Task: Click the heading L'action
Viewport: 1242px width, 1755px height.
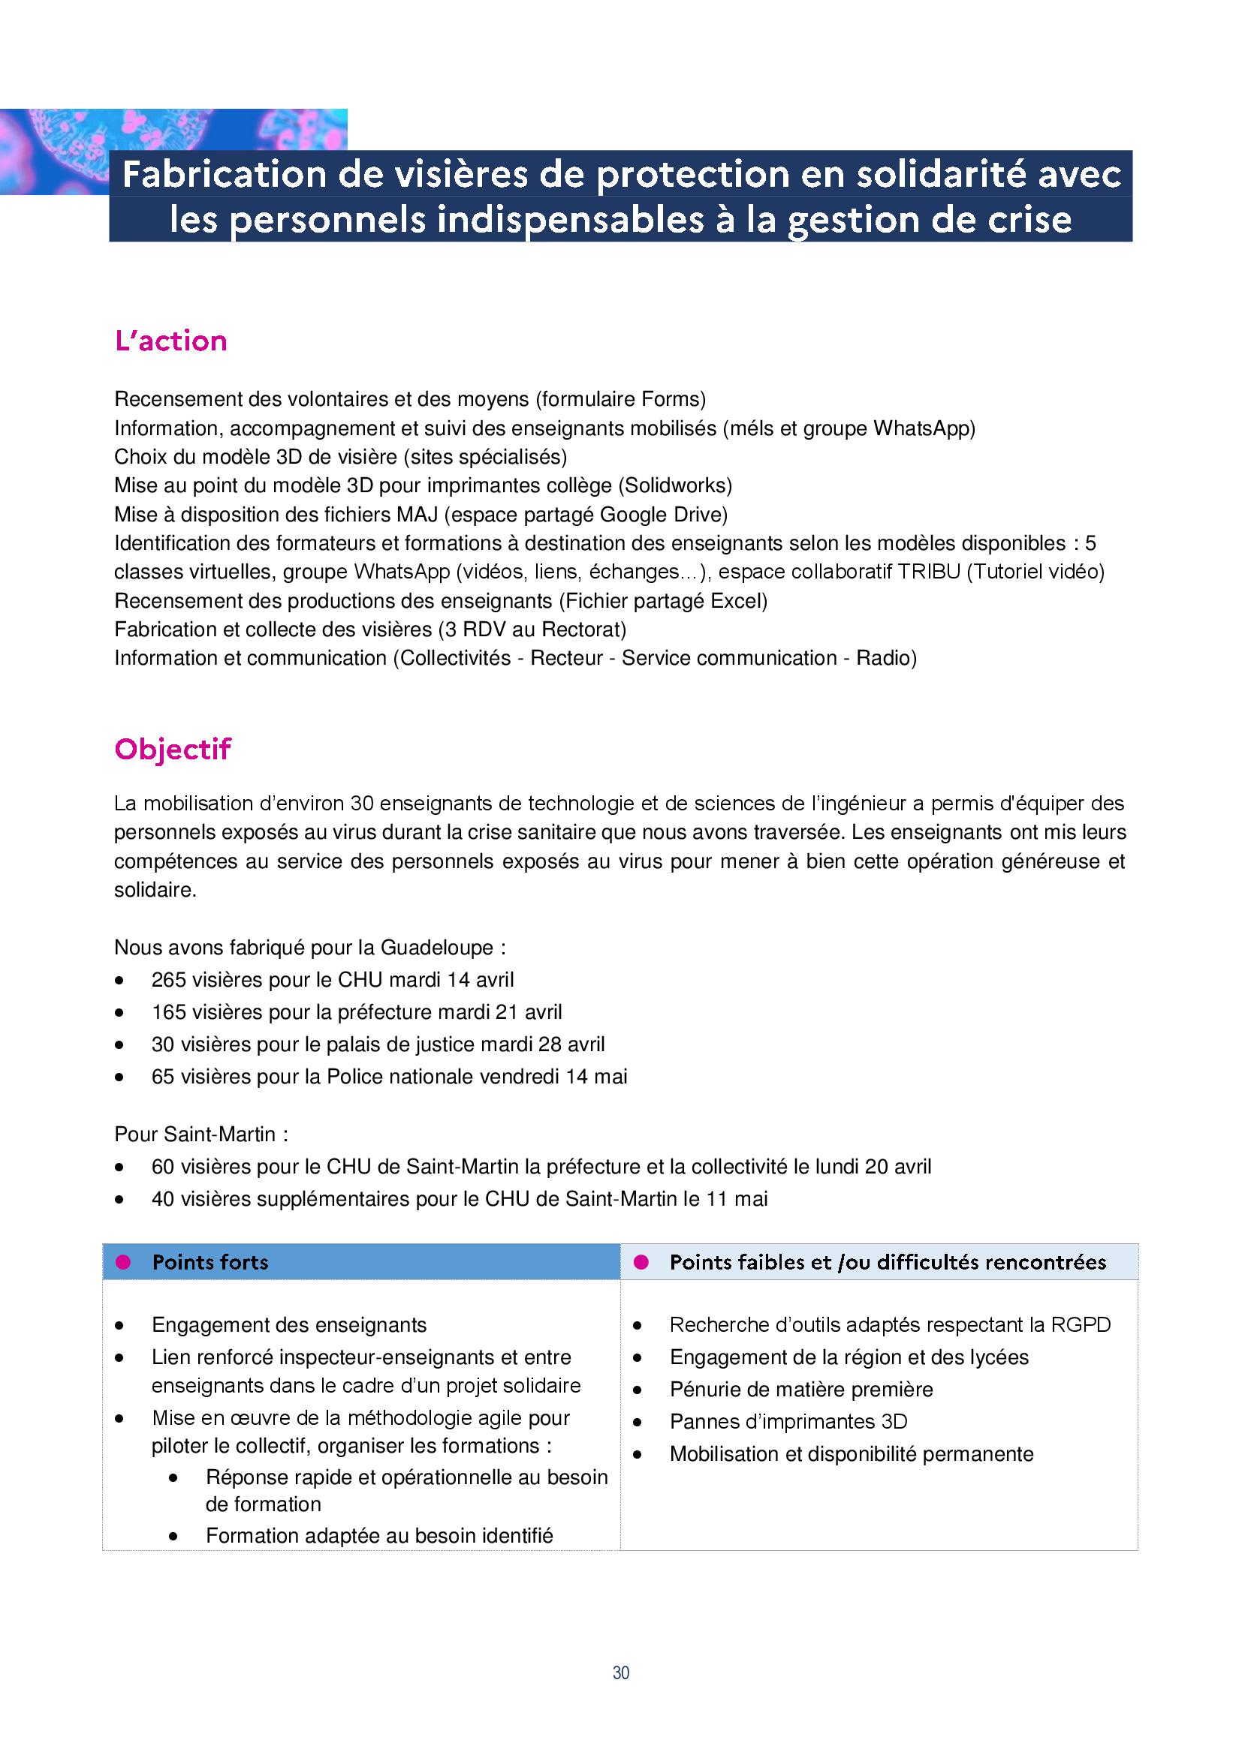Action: (x=170, y=341)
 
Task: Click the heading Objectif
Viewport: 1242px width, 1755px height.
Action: (x=172, y=749)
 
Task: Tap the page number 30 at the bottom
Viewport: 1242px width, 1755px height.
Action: (x=620, y=1673)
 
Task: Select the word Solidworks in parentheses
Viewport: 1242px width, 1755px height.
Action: (x=674, y=485)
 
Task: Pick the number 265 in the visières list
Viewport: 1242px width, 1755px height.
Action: (x=168, y=980)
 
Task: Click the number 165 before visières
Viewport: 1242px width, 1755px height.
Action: (x=168, y=1012)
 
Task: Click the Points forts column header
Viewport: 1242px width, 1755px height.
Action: (x=210, y=1262)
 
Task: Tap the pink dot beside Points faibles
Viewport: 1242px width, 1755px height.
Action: (x=641, y=1262)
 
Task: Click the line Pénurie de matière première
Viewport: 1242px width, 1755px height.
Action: (x=800, y=1389)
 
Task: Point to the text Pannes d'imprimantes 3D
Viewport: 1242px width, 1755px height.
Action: (x=788, y=1422)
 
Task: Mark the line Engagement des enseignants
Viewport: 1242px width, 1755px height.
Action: (x=289, y=1324)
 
